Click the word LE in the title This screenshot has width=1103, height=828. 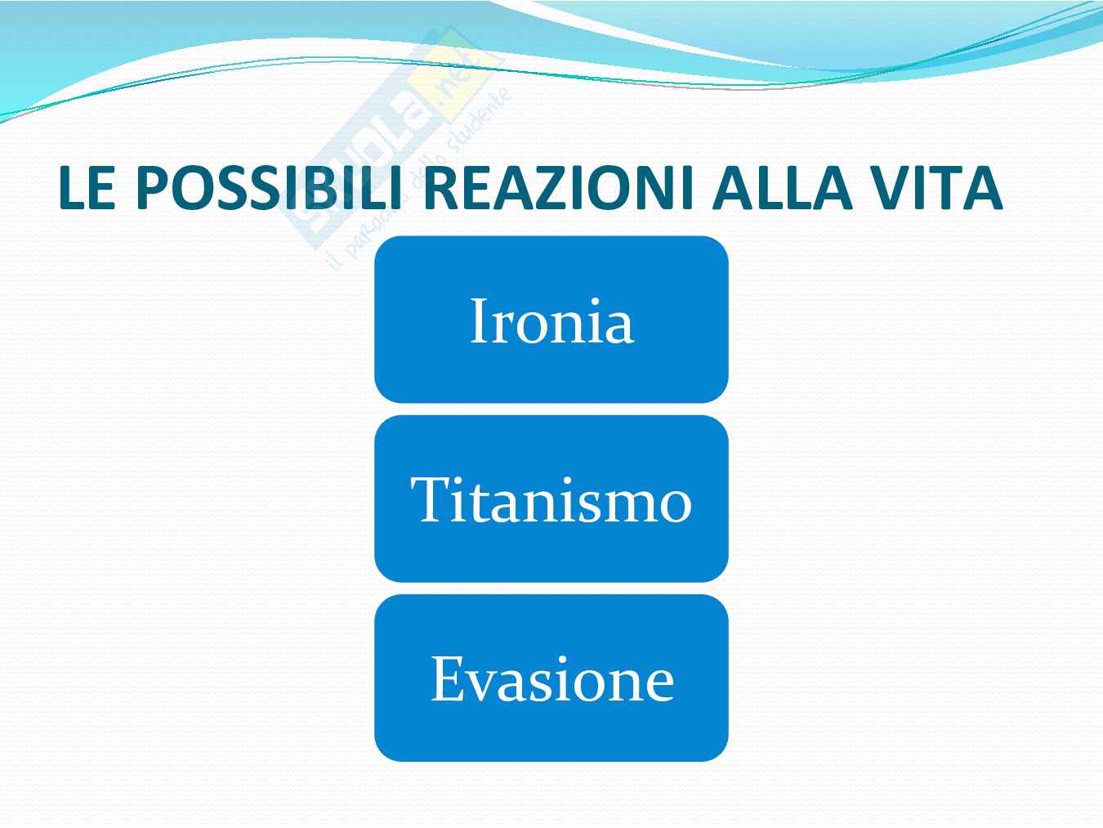pos(87,187)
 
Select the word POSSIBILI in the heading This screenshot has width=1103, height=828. pos(270,187)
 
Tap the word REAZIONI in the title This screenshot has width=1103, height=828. pos(558,187)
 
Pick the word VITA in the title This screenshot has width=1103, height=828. pos(937,187)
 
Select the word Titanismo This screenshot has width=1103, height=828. pos(551,499)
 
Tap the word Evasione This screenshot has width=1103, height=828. pos(551,678)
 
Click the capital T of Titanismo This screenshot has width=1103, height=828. pos(429,499)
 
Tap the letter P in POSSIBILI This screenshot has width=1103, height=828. pos(152,187)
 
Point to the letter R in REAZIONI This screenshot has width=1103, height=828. pos(440,187)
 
